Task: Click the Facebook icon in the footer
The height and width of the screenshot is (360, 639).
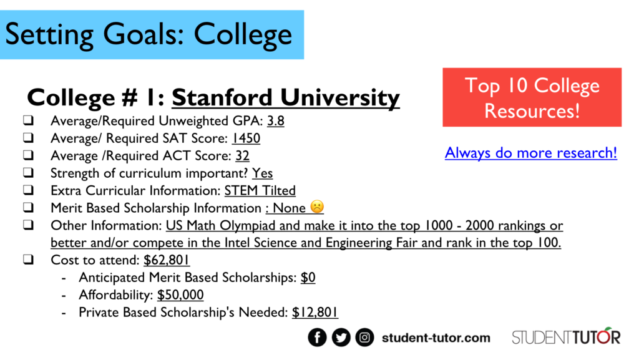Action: [x=317, y=337]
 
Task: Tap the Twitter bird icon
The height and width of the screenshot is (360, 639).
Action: [x=341, y=337]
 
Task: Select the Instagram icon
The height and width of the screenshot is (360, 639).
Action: [x=364, y=337]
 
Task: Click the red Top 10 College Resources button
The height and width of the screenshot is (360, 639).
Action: [x=532, y=97]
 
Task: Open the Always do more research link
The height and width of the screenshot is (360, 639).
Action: [x=531, y=153]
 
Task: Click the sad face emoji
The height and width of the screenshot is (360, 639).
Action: [x=316, y=207]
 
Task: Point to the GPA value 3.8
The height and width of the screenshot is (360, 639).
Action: [x=275, y=121]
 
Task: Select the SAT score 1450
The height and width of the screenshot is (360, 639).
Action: [x=246, y=139]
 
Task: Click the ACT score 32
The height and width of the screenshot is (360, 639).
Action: [x=242, y=156]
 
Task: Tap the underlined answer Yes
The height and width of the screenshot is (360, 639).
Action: [x=263, y=173]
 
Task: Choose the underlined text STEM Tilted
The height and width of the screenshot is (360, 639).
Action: [x=260, y=190]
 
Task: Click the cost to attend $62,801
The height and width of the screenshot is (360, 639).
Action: [x=166, y=260]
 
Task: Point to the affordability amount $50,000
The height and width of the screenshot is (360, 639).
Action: [x=180, y=295]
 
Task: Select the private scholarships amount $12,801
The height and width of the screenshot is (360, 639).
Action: [x=315, y=313]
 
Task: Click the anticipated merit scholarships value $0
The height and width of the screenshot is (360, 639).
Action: [x=308, y=278]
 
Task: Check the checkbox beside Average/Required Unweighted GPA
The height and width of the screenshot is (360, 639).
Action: [x=28, y=120]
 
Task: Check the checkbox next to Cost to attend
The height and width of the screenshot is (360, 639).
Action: [x=28, y=260]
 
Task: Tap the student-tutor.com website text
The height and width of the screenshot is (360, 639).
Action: [x=436, y=338]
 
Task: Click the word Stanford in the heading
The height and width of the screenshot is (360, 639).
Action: [x=222, y=98]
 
